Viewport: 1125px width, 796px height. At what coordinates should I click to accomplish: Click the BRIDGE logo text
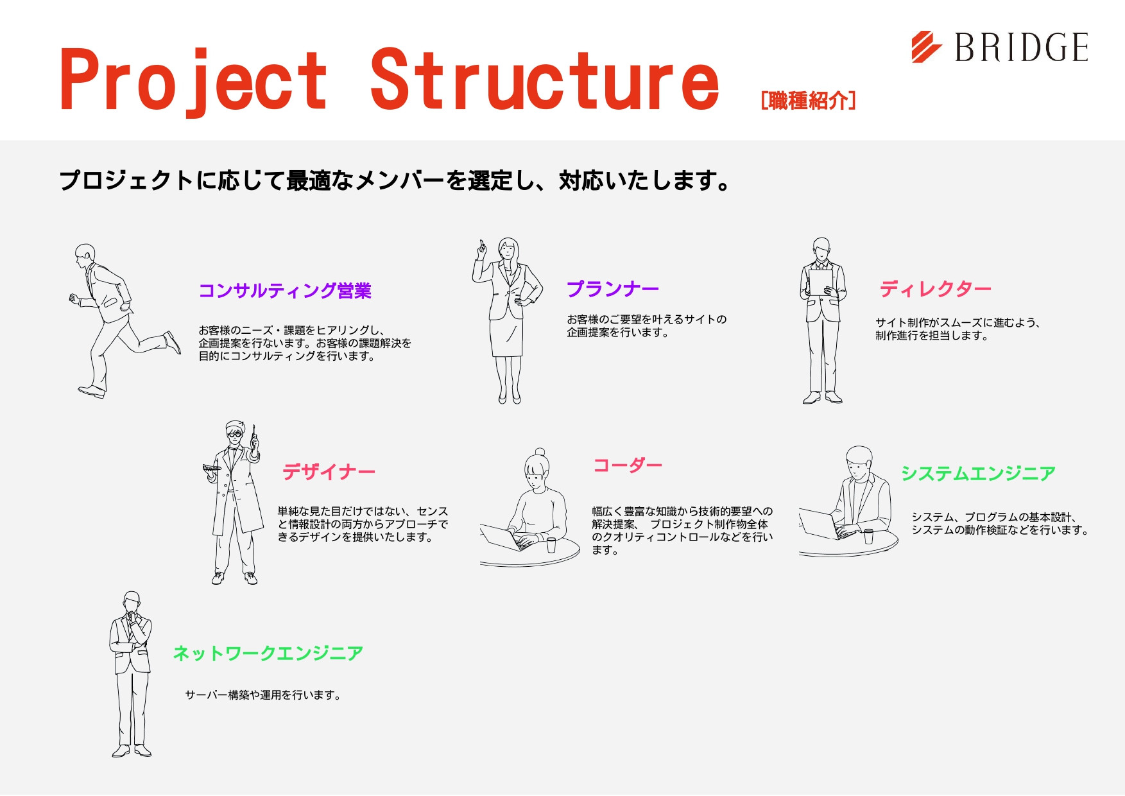point(1022,48)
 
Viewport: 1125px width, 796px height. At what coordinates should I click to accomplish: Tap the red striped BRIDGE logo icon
point(926,47)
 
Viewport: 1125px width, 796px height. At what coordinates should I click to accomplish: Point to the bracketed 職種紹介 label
point(808,100)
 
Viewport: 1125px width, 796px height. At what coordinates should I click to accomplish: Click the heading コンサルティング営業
point(285,291)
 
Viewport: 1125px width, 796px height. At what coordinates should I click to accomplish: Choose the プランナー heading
point(613,289)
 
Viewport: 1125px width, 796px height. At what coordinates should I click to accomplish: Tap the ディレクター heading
point(936,289)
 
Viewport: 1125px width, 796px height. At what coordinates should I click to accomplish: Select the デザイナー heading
point(329,472)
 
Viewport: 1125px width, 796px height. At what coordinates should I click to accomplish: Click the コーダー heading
point(628,465)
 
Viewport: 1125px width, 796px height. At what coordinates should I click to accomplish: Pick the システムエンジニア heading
point(978,473)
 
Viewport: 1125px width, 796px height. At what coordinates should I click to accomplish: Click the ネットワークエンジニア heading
point(268,653)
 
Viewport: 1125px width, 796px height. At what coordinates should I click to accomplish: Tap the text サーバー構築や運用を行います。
point(263,695)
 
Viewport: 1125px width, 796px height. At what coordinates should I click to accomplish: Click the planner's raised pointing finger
point(481,247)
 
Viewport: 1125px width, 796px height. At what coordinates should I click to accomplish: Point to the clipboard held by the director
point(821,282)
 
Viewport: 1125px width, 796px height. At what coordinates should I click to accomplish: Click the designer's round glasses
point(236,435)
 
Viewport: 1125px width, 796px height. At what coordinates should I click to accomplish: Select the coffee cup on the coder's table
point(551,545)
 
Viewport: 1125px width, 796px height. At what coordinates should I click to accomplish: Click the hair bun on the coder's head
point(540,452)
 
